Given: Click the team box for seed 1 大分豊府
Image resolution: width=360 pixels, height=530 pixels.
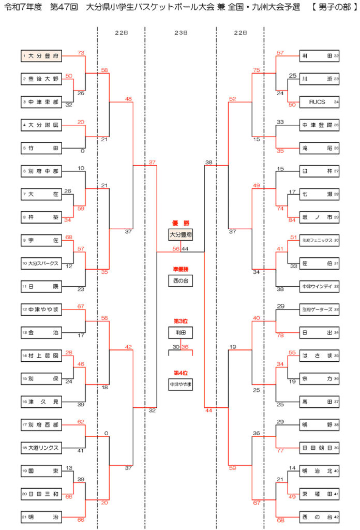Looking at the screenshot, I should pyautogui.click(x=41, y=56).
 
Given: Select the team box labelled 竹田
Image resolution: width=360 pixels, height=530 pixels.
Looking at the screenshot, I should pyautogui.click(x=41, y=148).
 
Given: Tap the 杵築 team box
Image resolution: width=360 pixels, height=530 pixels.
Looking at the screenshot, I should pyautogui.click(x=41, y=217).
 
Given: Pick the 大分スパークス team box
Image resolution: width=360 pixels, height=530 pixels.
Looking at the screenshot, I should pyautogui.click(x=41, y=263).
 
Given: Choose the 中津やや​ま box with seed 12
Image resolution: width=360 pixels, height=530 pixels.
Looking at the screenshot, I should pyautogui.click(x=41, y=310).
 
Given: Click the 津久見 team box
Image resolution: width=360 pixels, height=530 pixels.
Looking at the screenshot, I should pyautogui.click(x=41, y=401).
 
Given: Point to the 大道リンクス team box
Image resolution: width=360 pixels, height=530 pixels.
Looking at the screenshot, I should pyautogui.click(x=41, y=447).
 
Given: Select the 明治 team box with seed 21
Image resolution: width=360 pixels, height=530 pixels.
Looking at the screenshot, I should pyautogui.click(x=41, y=517).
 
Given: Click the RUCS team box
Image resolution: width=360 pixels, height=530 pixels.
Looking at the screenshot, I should pyautogui.click(x=320, y=102).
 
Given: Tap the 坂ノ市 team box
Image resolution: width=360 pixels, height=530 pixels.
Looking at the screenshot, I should pyautogui.click(x=320, y=217).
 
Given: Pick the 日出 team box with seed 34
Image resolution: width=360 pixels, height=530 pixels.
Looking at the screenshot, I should pyautogui.click(x=320, y=332).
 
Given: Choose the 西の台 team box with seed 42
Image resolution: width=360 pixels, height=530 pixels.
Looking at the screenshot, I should pyautogui.click(x=320, y=517).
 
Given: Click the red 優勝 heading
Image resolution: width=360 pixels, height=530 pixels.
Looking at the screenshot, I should pyautogui.click(x=180, y=223).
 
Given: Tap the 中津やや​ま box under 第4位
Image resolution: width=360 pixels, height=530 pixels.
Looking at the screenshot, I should pyautogui.click(x=180, y=385).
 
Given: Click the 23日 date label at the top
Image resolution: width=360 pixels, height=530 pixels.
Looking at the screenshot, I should pyautogui.click(x=180, y=32).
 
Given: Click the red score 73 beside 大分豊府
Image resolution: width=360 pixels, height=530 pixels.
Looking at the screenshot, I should pyautogui.click(x=81, y=52).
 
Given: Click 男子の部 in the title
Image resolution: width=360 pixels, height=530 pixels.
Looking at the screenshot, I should pyautogui.click(x=333, y=9).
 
